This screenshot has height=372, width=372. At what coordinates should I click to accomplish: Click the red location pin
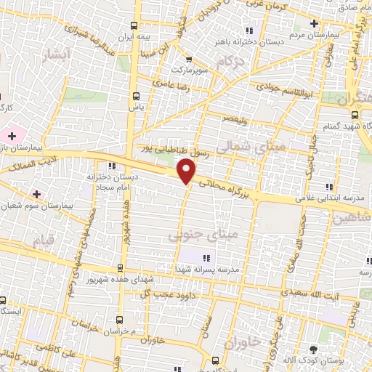click(x=187, y=171)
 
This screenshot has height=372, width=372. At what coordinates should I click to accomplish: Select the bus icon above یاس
click(x=135, y=95)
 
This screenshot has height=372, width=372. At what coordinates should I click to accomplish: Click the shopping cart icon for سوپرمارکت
click(x=189, y=60)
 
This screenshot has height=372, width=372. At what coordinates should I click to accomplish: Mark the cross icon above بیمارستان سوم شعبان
click(x=35, y=193)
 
